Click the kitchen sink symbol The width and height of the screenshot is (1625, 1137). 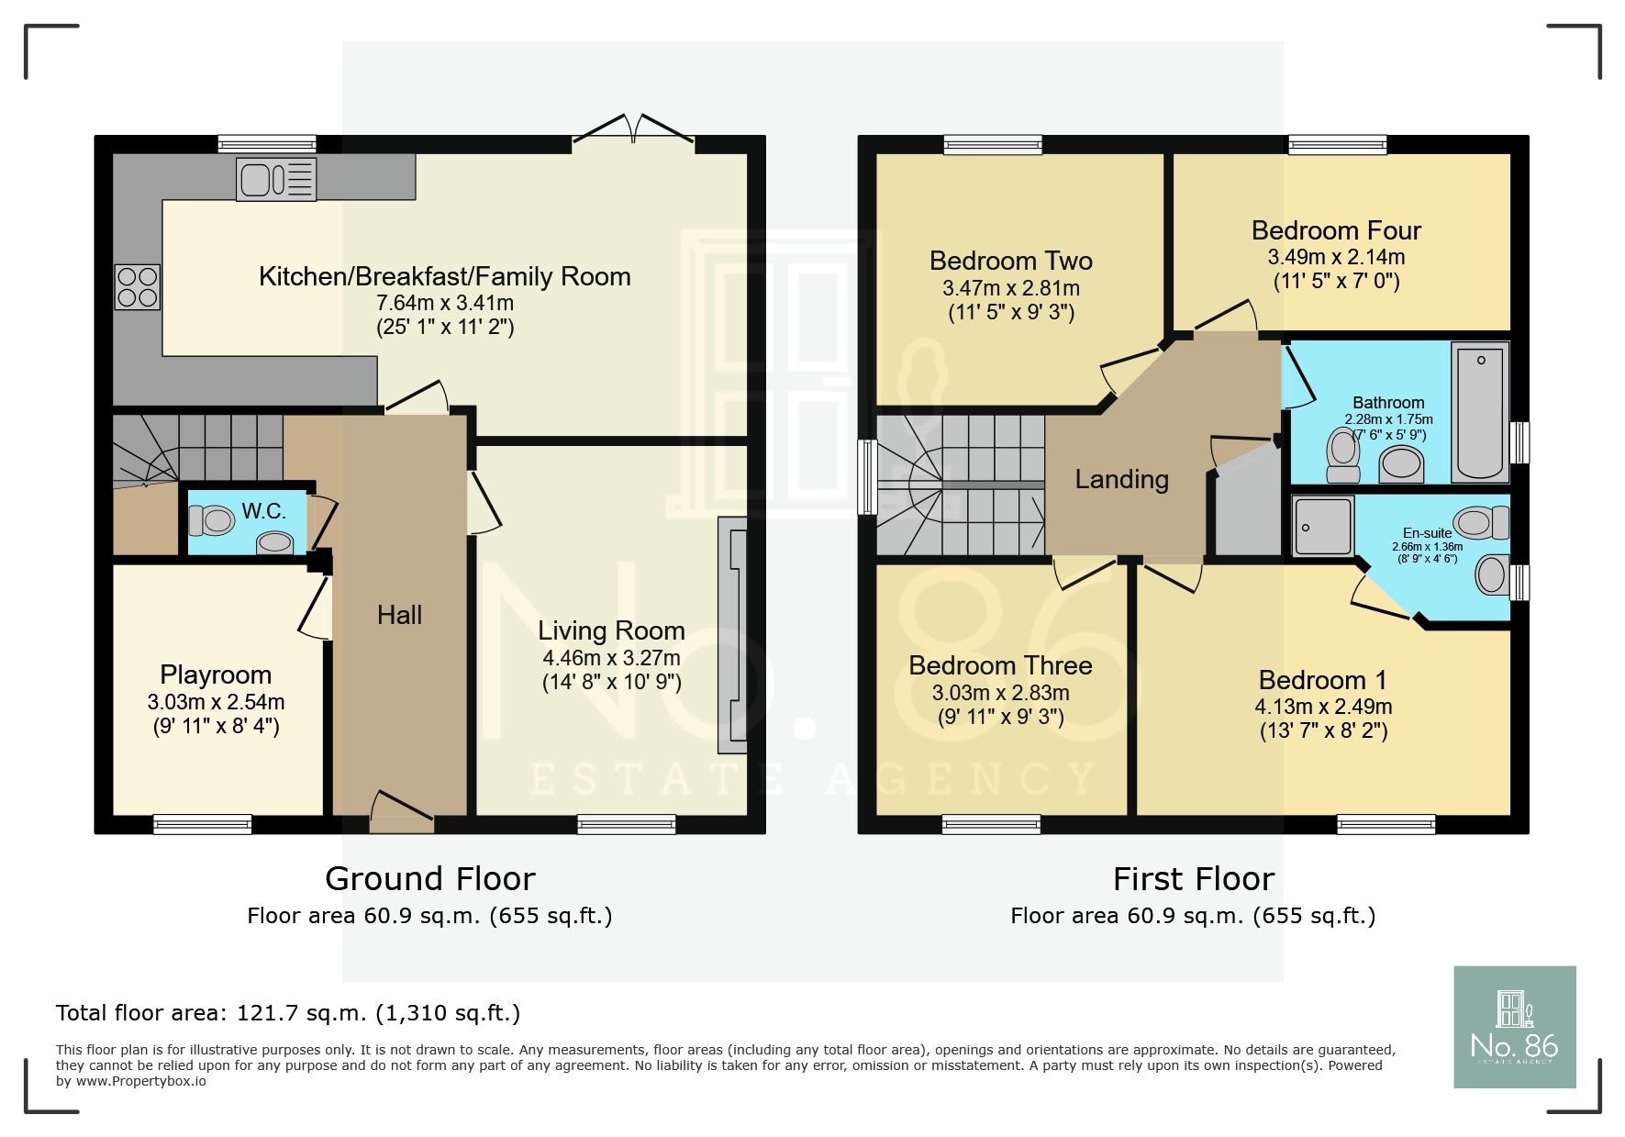(x=276, y=179)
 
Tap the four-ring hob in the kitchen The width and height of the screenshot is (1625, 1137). (x=138, y=286)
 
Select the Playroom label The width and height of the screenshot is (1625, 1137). (x=216, y=674)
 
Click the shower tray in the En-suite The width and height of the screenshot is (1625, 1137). (x=1322, y=527)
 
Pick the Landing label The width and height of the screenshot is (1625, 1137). (x=1121, y=479)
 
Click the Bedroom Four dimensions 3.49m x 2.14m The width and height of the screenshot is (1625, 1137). (x=1336, y=257)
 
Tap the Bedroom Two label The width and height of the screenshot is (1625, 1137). (x=1010, y=261)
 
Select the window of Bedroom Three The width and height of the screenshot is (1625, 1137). (x=991, y=824)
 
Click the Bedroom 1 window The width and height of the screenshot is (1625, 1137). (x=1386, y=824)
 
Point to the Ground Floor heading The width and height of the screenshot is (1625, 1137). (x=429, y=879)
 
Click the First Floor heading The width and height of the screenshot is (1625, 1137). (x=1193, y=879)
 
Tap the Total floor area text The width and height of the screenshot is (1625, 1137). (x=287, y=1013)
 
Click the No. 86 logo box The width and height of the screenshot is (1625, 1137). (x=1514, y=1027)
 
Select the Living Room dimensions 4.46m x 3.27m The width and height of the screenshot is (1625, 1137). (x=611, y=658)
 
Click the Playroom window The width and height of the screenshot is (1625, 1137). (x=202, y=824)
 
